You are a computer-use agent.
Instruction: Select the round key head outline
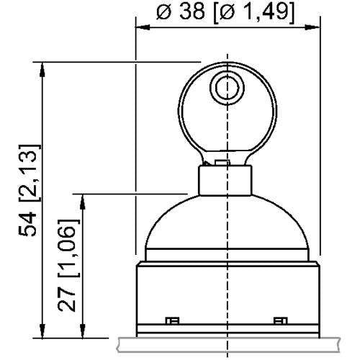(189, 108)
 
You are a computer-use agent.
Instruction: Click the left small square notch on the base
(172, 320)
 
